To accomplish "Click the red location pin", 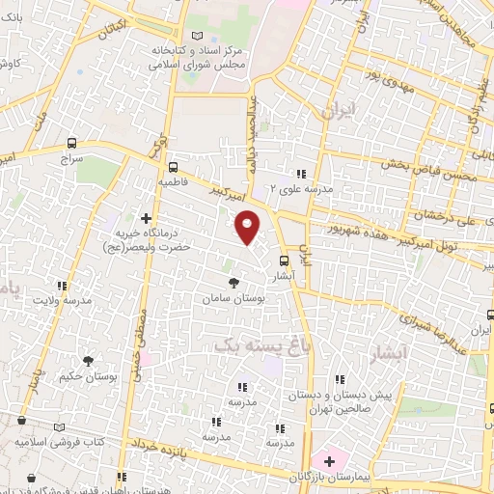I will pos(249,227).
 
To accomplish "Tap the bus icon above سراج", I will pos(73,142).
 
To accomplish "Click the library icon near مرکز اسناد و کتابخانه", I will pos(199,36).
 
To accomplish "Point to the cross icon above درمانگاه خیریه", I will pos(147,218).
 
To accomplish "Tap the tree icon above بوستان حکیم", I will pos(88,361).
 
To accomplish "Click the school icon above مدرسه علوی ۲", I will pos(302,175).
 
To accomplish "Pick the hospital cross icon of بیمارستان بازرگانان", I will pos(328,459).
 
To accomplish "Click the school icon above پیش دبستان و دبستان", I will pos(338,379).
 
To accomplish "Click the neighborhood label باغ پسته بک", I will pos(251,343).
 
